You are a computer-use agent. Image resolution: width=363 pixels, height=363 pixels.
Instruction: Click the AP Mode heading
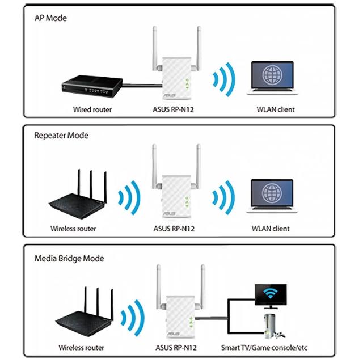tap(50, 18)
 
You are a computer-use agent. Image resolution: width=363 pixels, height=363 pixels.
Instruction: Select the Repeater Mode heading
tap(61, 136)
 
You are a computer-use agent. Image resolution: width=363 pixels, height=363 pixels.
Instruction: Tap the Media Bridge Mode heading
tap(69, 258)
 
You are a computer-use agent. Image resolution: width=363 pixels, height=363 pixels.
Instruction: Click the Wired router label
tap(92, 109)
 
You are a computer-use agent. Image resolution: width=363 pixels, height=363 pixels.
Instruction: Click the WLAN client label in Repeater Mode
tap(270, 229)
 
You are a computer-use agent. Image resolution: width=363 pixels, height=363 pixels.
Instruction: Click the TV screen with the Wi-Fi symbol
tap(274, 293)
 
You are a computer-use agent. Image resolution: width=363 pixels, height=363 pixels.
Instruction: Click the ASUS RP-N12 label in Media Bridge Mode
tap(176, 347)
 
